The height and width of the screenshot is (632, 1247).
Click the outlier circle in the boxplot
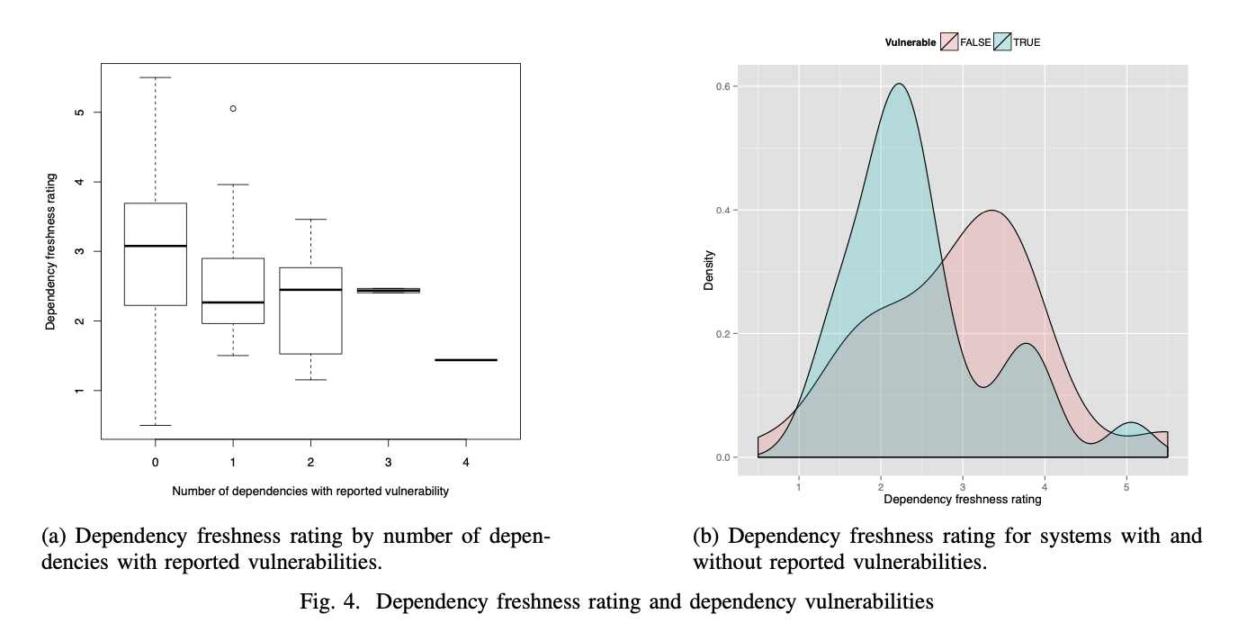point(233,108)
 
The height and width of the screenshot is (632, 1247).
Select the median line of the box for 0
point(156,246)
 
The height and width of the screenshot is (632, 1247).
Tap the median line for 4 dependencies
point(465,360)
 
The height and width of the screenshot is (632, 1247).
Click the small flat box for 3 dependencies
point(388,291)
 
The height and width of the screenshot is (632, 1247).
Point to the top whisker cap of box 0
point(156,77)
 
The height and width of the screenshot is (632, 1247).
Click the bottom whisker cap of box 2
point(310,380)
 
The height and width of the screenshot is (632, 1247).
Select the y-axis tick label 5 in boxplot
point(80,113)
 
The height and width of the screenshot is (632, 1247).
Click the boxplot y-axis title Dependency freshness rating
point(51,251)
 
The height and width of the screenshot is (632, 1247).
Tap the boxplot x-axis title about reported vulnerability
point(310,492)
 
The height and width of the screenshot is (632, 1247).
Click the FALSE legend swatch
point(949,42)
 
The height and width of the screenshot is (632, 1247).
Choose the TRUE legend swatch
point(1002,42)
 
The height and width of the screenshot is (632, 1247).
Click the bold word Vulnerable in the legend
point(911,42)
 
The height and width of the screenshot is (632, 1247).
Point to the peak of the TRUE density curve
point(898,84)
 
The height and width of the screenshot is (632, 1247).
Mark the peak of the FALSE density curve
point(991,211)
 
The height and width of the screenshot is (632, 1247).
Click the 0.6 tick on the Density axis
point(721,86)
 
